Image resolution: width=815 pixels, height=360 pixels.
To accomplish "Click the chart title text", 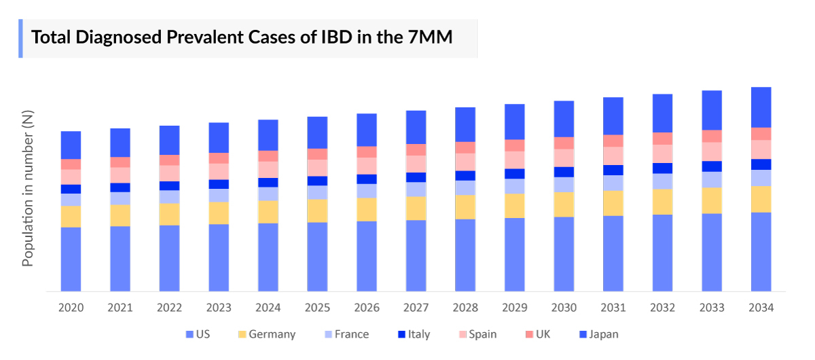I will [242, 37].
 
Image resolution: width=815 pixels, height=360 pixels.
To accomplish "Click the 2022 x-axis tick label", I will [169, 308].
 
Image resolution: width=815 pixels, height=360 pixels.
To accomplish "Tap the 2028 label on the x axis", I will [465, 308].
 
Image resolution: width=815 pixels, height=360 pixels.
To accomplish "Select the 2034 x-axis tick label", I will [761, 308].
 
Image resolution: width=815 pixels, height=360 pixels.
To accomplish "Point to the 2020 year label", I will [71, 308].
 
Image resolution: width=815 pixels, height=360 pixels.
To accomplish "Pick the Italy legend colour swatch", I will [402, 334].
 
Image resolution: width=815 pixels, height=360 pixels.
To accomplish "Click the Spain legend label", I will [482, 334].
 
